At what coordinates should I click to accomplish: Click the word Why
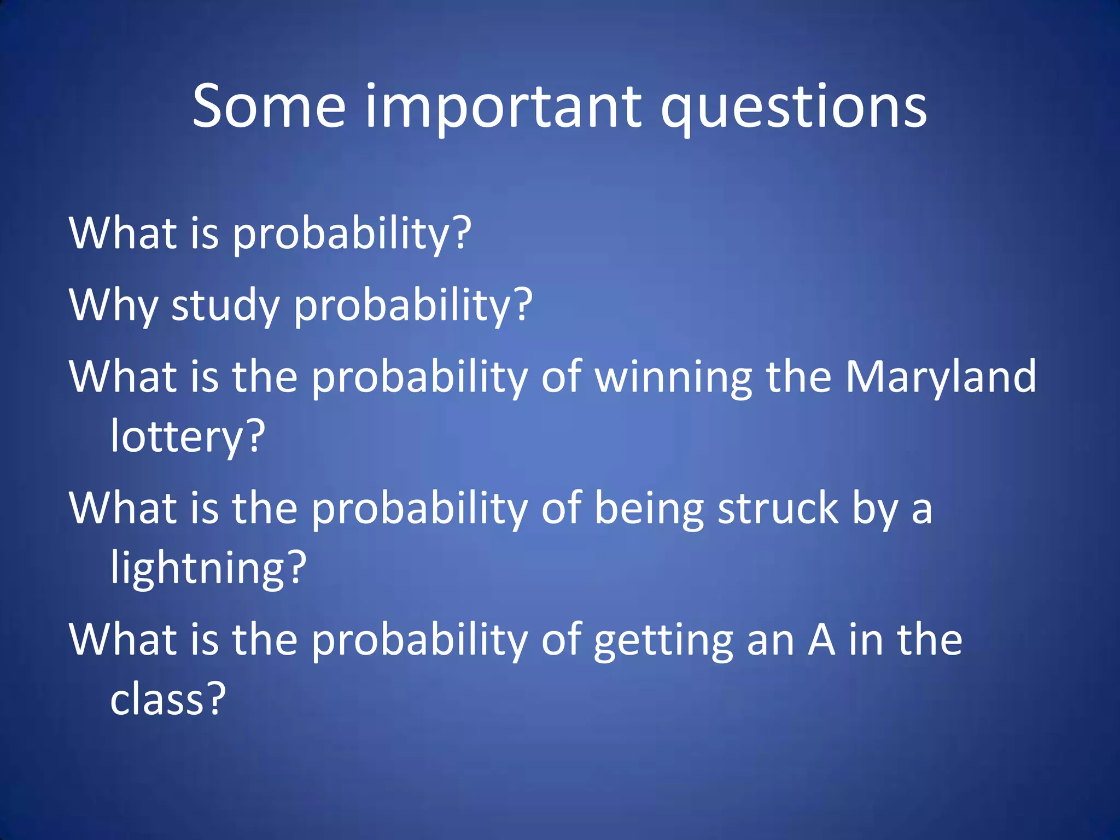(114, 305)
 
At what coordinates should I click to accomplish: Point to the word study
(226, 305)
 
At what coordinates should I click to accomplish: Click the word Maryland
(941, 377)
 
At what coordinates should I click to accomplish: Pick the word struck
(778, 508)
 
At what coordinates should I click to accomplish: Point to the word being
(649, 509)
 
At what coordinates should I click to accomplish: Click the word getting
(663, 640)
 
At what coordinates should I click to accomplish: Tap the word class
(157, 699)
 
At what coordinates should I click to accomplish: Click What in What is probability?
(122, 234)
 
